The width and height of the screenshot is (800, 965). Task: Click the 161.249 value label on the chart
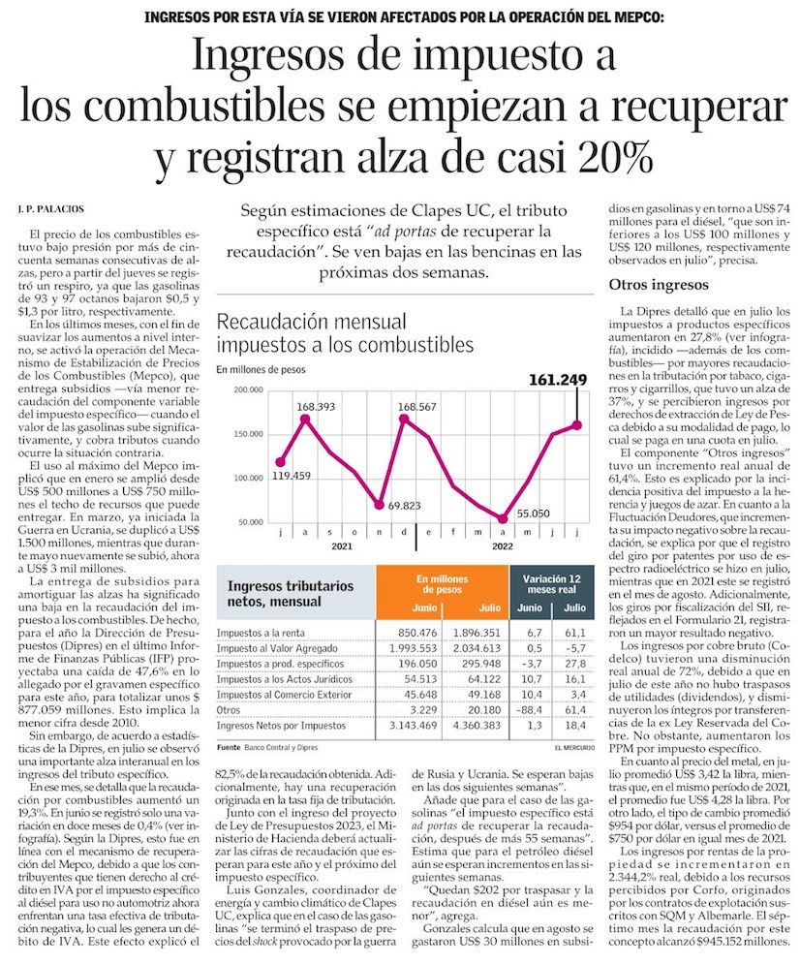(547, 380)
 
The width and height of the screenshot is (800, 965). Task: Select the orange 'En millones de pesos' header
(441, 584)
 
